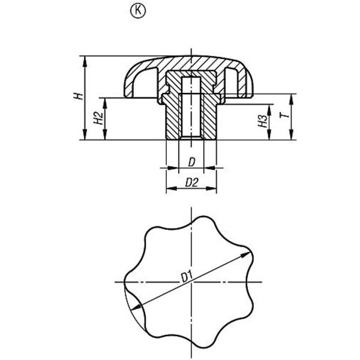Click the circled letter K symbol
pyautogui.click(x=138, y=11)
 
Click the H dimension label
pyautogui.click(x=78, y=96)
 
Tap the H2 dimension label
pyautogui.click(x=98, y=118)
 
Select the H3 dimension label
pyautogui.click(x=263, y=121)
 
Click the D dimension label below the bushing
pyautogui.click(x=191, y=163)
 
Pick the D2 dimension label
pyautogui.click(x=191, y=182)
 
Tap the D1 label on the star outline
pyautogui.click(x=187, y=277)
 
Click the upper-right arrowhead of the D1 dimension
pyautogui.click(x=245, y=255)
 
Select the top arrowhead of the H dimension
pyautogui.click(x=85, y=61)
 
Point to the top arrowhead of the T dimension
pyautogui.click(x=291, y=99)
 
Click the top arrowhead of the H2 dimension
pyautogui.click(x=105, y=103)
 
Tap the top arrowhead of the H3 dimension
pyautogui.click(x=269, y=110)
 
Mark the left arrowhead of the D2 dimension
pyautogui.click(x=172, y=188)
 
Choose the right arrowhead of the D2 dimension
pyautogui.click(x=211, y=188)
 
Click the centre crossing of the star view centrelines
pyautogui.click(x=191, y=282)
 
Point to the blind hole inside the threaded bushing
pyautogui.click(x=191, y=108)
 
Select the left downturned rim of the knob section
pyautogui.click(x=128, y=86)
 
